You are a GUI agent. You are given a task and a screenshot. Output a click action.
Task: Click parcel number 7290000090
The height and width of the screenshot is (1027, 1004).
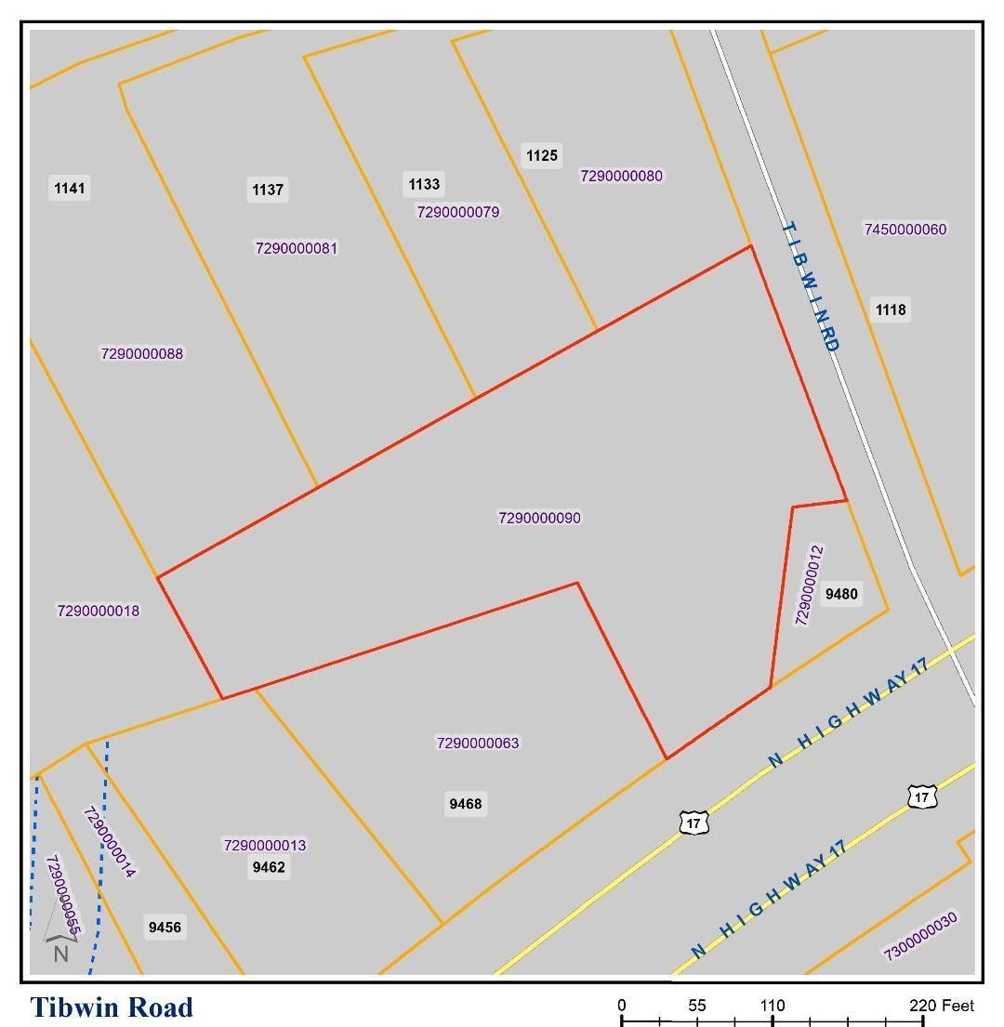[539, 518]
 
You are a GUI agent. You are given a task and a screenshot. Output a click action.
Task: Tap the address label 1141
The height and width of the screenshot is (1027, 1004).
[70, 189]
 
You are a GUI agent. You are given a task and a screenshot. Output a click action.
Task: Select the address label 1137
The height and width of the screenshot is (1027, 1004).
[268, 190]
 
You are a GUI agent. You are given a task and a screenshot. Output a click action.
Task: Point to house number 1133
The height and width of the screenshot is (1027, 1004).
[424, 184]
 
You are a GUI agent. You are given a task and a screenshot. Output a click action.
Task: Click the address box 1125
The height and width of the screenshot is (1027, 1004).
[542, 155]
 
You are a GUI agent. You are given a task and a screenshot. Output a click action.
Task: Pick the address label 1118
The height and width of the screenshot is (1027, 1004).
[890, 309]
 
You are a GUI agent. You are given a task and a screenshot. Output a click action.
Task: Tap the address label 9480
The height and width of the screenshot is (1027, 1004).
[841, 594]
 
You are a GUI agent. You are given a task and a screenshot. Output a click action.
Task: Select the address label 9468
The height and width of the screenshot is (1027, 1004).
[465, 804]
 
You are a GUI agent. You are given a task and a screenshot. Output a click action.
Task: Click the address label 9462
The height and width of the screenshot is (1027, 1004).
[269, 867]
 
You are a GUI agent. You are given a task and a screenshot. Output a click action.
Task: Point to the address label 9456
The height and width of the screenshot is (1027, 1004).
[165, 927]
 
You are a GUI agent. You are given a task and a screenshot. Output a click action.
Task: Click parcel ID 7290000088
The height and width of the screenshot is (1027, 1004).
[142, 353]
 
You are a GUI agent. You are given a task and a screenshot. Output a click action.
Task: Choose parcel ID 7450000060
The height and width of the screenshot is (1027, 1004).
[905, 230]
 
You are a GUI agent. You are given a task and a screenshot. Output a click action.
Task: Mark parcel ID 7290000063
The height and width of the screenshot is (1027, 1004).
[478, 743]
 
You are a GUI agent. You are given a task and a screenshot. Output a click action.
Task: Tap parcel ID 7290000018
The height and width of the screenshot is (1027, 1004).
[99, 611]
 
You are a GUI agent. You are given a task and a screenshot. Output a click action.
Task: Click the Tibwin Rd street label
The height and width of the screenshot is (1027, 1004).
[812, 285]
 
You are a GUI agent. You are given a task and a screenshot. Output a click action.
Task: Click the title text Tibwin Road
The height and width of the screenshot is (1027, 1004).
[112, 1007]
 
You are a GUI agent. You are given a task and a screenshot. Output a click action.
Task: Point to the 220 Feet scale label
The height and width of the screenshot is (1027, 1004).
[942, 1006]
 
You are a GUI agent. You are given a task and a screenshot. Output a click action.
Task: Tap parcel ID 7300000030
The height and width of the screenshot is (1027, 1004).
[919, 935]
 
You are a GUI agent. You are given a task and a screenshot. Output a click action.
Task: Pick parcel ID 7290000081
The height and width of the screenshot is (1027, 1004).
[297, 248]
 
